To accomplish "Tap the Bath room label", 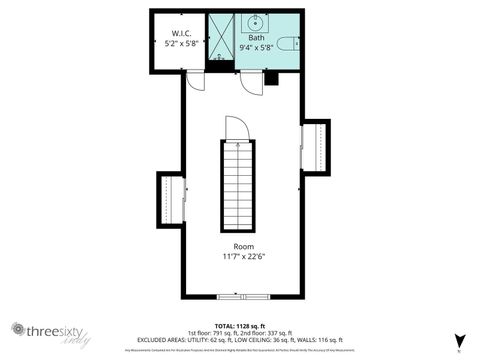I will [257, 37].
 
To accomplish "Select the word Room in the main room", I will [243, 246].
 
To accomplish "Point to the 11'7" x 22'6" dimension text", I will [243, 257].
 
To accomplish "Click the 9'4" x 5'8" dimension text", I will [258, 47].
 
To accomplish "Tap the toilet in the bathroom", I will [287, 43].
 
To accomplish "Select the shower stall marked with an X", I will [219, 38].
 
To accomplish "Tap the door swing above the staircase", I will [236, 128].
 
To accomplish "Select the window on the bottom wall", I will [243, 297].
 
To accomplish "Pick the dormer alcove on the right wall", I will [315, 146].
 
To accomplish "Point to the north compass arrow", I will [459, 341].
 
